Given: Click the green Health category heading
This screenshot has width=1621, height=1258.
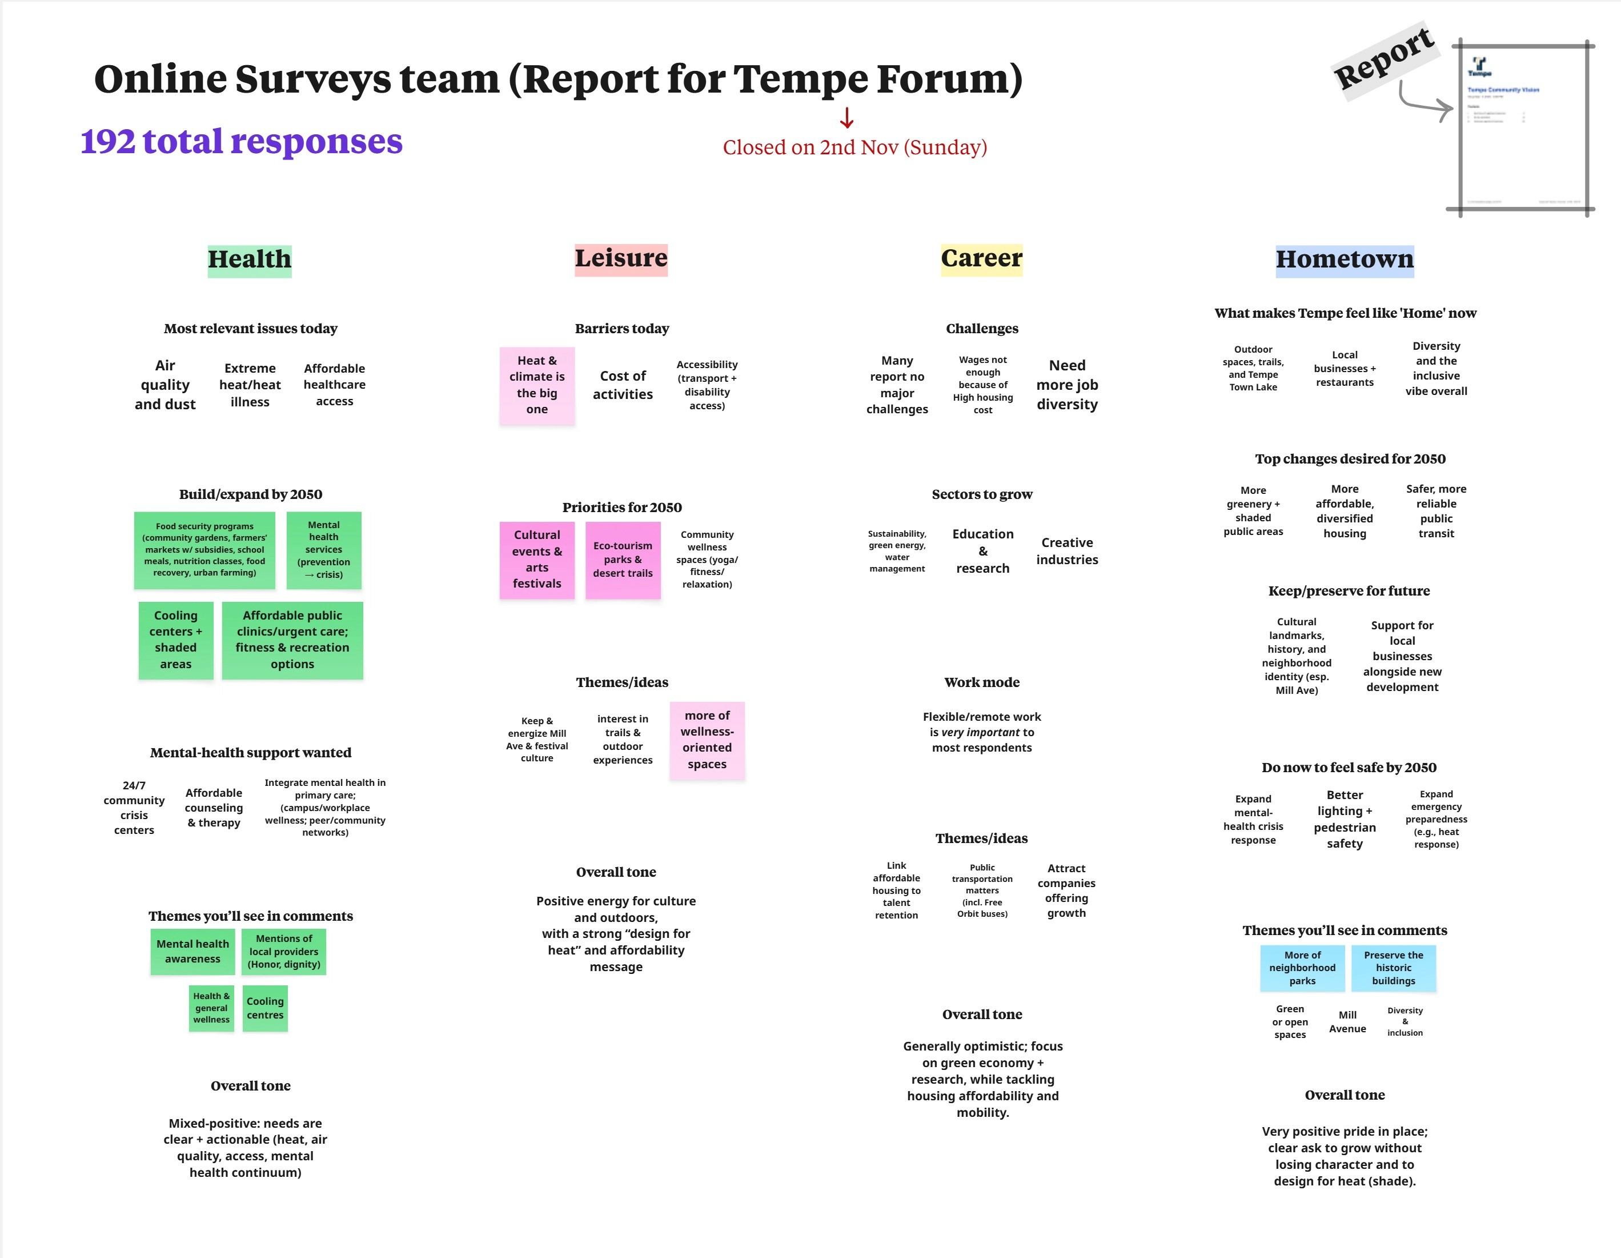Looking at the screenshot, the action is pos(250,260).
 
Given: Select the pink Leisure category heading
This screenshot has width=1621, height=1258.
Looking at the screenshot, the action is pos(621,259).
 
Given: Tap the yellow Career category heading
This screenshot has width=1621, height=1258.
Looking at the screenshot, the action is pos(981,259).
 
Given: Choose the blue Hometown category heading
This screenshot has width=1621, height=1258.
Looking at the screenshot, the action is pos(1344,260).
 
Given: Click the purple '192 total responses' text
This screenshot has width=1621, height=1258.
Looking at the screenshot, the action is pos(241,141).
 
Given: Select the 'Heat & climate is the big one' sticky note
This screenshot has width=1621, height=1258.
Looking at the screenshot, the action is pos(537,385).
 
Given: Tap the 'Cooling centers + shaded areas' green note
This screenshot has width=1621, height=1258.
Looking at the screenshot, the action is pos(176,640).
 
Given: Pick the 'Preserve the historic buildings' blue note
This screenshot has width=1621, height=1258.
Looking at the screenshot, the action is pos(1393,968).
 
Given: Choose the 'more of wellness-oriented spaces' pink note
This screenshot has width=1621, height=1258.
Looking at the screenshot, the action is pos(707,740).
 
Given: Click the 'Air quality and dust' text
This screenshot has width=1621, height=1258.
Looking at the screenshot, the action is pos(164,385).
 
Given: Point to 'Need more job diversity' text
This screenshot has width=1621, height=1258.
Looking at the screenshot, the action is pos(1066,385).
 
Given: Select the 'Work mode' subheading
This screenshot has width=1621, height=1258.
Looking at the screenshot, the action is pos(981,682).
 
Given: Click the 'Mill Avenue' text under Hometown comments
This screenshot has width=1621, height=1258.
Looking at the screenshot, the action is pos(1347,1022).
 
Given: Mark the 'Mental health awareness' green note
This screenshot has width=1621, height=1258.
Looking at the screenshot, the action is pos(193,951).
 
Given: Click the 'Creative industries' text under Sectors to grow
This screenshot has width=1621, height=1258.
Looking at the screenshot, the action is pos(1066,551).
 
